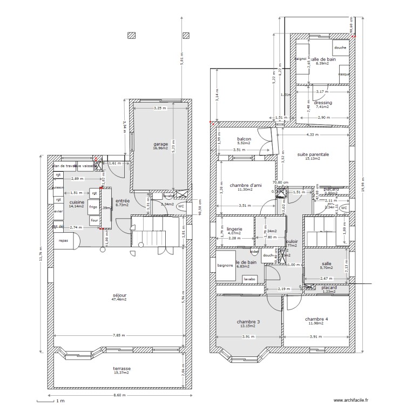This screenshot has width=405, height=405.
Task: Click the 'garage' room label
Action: click(160, 144)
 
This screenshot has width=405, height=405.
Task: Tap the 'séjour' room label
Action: click(119, 295)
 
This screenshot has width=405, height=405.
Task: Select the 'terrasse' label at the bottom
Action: click(122, 369)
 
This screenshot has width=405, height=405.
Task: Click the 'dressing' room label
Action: click(322, 103)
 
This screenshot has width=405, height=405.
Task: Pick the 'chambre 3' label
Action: click(248, 322)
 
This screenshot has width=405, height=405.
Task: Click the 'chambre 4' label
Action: click(316, 319)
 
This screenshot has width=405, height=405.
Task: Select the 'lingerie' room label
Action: click(235, 229)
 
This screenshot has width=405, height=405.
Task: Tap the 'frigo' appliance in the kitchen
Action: click(93, 207)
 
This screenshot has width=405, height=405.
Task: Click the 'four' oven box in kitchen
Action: click(94, 220)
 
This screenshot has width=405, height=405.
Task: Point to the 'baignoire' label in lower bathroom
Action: click(225, 266)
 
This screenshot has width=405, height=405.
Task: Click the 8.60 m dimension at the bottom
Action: click(119, 395)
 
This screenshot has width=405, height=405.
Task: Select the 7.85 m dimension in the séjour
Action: click(120, 335)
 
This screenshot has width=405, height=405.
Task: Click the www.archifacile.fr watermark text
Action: click(351, 400)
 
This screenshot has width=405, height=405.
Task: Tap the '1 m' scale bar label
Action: click(62, 401)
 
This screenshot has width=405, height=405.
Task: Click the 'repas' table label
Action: click(64, 241)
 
